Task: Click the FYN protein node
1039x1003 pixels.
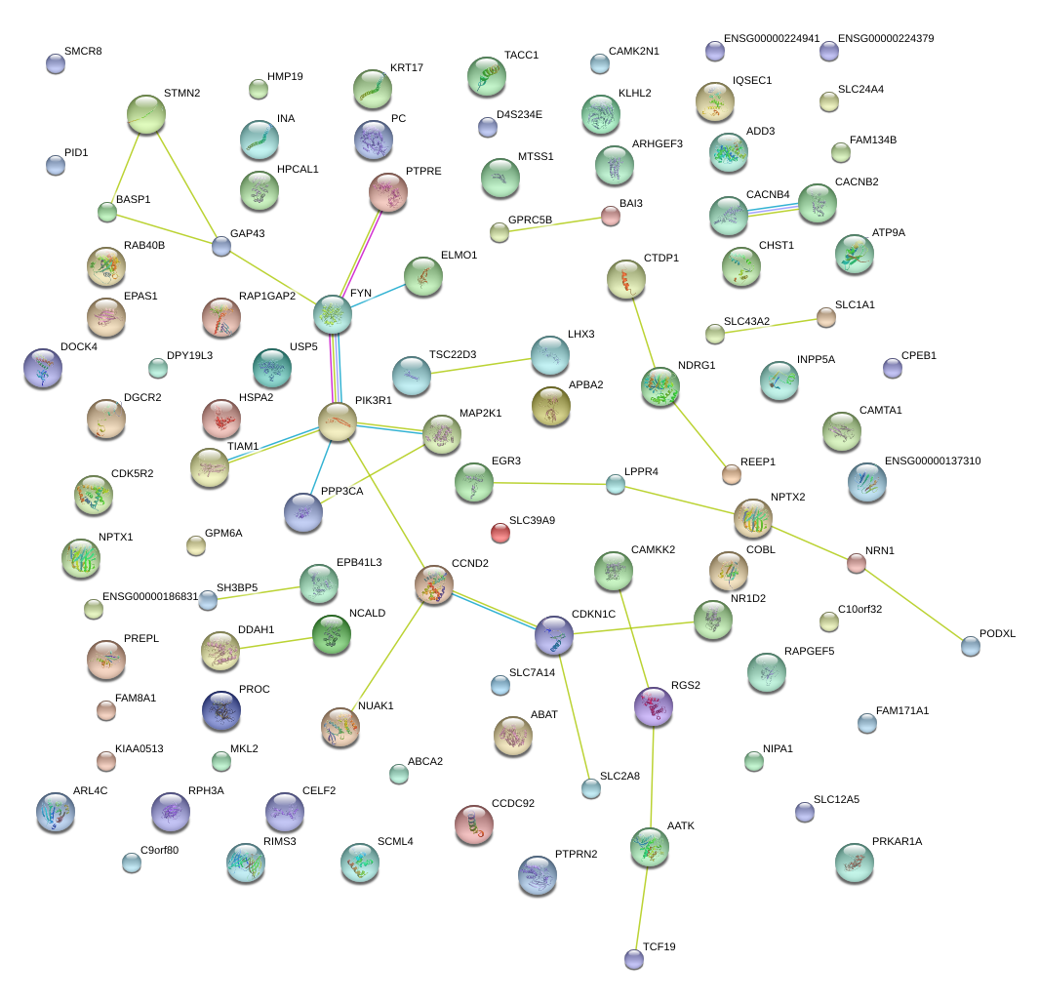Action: (x=333, y=314)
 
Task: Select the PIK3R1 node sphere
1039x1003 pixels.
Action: (x=338, y=421)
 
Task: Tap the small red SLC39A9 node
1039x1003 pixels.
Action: (x=500, y=533)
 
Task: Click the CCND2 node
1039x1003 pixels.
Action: (x=434, y=584)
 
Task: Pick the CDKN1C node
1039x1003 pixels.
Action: (x=554, y=634)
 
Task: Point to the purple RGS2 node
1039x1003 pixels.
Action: (x=654, y=706)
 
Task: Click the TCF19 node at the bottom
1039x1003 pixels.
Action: (x=634, y=959)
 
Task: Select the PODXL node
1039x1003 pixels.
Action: (x=971, y=646)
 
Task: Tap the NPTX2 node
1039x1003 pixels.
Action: (x=753, y=518)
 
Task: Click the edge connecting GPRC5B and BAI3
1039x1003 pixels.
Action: (x=554, y=224)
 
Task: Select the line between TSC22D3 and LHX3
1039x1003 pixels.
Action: (x=480, y=366)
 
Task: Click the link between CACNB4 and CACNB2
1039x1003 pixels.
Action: (x=773, y=210)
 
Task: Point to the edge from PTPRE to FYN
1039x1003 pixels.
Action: (x=361, y=253)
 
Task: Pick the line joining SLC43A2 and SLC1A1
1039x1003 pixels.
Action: (x=770, y=326)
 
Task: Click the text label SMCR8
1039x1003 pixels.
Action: (x=83, y=51)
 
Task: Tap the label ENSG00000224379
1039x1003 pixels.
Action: (x=886, y=38)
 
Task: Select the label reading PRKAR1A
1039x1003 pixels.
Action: (x=898, y=841)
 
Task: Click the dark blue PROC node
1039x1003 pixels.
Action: (x=221, y=710)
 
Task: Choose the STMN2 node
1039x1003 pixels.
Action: (x=145, y=114)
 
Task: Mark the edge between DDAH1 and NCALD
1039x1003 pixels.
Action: (x=276, y=643)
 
